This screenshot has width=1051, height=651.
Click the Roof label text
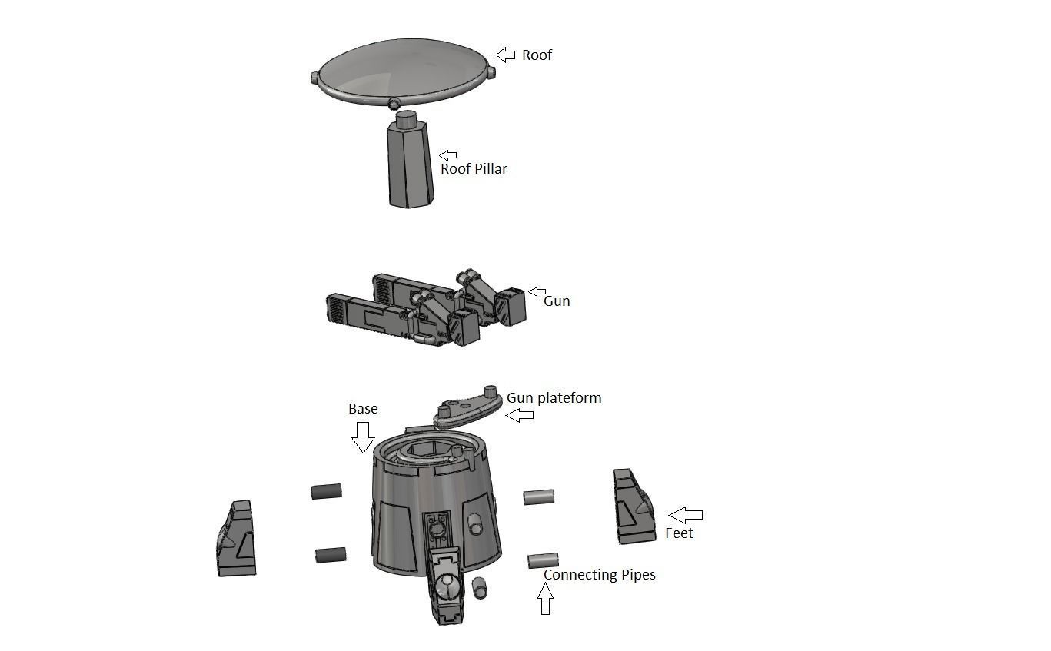[x=537, y=55]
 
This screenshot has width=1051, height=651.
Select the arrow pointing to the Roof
[x=506, y=55]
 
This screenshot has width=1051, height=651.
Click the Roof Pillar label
[x=474, y=169]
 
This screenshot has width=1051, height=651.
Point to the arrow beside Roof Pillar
[x=447, y=156]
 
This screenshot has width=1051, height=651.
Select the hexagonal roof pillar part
[x=410, y=167]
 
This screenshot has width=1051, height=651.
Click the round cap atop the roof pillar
[x=406, y=119]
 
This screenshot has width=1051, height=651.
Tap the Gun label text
[x=557, y=301]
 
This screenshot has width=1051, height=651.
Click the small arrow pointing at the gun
[x=537, y=292]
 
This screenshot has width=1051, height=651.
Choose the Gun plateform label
[x=554, y=398]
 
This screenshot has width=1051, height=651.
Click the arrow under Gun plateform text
[x=520, y=415]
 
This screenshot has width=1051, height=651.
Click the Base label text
[x=363, y=409]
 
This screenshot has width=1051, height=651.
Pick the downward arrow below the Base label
[x=362, y=437]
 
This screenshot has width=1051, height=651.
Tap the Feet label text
[x=679, y=533]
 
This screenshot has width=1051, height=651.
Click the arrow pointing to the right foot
[x=685, y=515]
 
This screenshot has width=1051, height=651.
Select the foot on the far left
[x=236, y=539]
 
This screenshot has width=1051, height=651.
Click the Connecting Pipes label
[x=599, y=575]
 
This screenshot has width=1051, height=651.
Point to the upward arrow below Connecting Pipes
[x=545, y=599]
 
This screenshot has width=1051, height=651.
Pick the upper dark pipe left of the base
[x=326, y=491]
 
